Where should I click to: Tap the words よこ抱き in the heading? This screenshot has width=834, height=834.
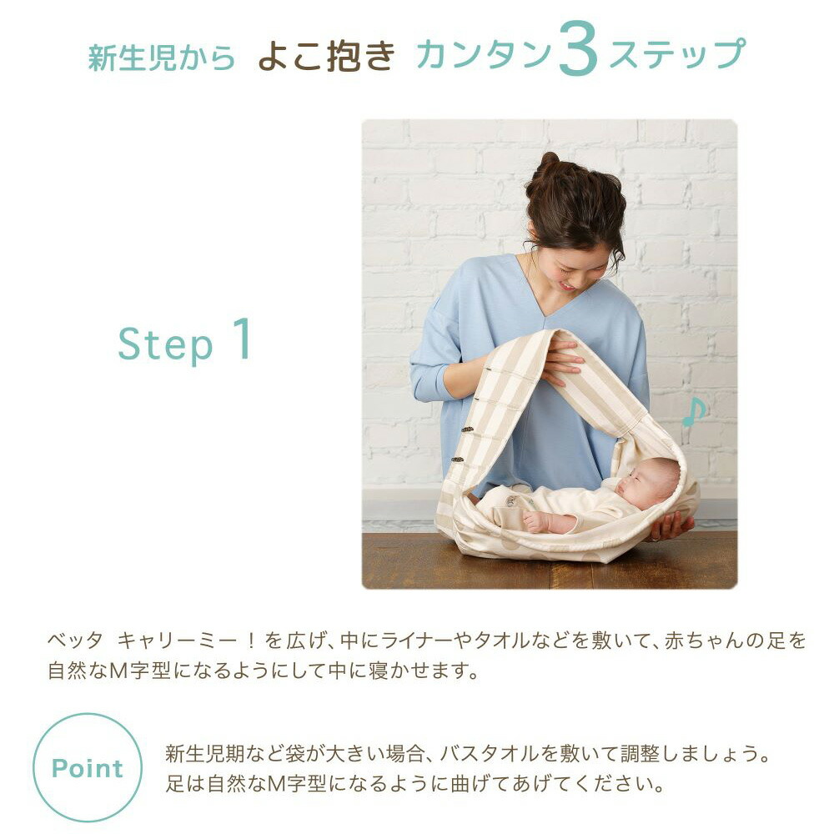click(325, 55)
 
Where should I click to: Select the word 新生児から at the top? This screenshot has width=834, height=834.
click(162, 57)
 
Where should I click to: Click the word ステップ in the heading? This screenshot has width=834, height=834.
click(676, 55)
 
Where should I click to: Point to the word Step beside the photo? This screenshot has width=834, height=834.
click(165, 344)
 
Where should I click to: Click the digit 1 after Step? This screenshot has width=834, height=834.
click(241, 339)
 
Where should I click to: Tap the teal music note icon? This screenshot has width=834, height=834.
click(693, 412)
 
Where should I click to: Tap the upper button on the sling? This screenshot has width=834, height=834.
click(469, 430)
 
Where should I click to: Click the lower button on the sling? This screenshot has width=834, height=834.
click(458, 459)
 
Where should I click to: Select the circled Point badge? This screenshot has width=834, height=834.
click(88, 768)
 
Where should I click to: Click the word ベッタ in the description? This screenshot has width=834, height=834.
click(75, 641)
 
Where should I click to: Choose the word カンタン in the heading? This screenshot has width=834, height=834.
click(484, 55)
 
